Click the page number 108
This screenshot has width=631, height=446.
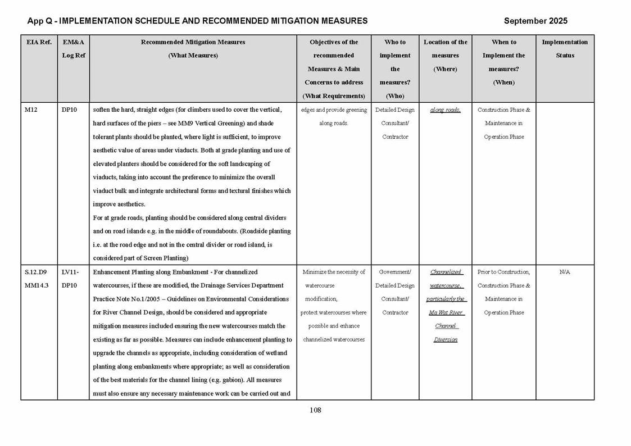tap(315, 410)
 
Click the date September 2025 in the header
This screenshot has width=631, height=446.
tap(535, 21)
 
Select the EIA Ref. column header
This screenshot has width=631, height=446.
tap(39, 42)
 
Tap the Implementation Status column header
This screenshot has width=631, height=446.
tap(565, 48)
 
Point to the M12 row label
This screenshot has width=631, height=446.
tap(31, 110)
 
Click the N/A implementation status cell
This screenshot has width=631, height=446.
tap(565, 272)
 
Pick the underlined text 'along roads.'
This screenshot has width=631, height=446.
tap(445, 110)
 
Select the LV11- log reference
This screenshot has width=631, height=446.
tap(70, 272)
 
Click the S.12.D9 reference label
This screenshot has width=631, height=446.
tap(36, 272)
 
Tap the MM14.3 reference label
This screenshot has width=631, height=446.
tap(37, 285)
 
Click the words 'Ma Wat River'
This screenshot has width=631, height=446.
tap(445, 312)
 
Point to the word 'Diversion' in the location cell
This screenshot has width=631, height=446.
tap(445, 339)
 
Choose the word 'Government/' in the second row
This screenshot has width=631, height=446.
tap(395, 272)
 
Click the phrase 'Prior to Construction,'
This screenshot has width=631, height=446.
tap(503, 272)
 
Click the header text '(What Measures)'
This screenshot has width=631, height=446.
tap(193, 56)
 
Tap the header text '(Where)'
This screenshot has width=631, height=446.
tap(445, 69)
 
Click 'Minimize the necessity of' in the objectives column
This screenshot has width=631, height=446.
tap(334, 272)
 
